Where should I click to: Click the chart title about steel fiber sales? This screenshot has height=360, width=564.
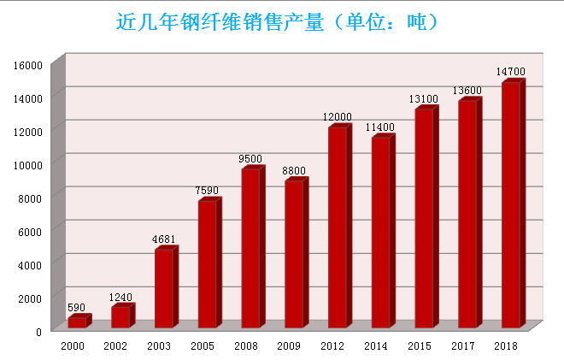click(x=277, y=21)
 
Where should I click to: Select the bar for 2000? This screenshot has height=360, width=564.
click(x=77, y=322)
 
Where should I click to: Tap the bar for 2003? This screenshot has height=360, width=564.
click(x=164, y=289)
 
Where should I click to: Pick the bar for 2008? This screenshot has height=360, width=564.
click(x=250, y=249)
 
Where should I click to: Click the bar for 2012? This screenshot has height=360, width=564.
click(x=338, y=227)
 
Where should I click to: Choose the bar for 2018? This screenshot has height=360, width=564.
click(x=511, y=205)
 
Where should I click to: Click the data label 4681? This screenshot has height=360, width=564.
click(x=164, y=240)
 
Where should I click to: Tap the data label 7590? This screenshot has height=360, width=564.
click(x=207, y=191)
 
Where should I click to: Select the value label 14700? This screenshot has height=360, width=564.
click(x=511, y=72)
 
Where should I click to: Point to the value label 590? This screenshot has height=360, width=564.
click(x=77, y=308)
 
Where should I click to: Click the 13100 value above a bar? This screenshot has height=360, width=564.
click(x=424, y=100)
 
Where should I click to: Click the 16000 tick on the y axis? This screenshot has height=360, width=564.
click(x=29, y=65)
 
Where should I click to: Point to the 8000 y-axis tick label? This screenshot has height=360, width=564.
click(x=32, y=198)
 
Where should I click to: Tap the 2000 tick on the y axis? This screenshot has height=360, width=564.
click(x=32, y=298)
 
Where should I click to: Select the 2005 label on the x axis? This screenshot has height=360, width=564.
click(x=203, y=346)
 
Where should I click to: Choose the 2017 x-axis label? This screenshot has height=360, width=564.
click(x=463, y=346)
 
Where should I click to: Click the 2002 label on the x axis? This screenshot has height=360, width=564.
click(x=115, y=346)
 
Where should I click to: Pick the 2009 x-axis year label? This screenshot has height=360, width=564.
click(x=289, y=346)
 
